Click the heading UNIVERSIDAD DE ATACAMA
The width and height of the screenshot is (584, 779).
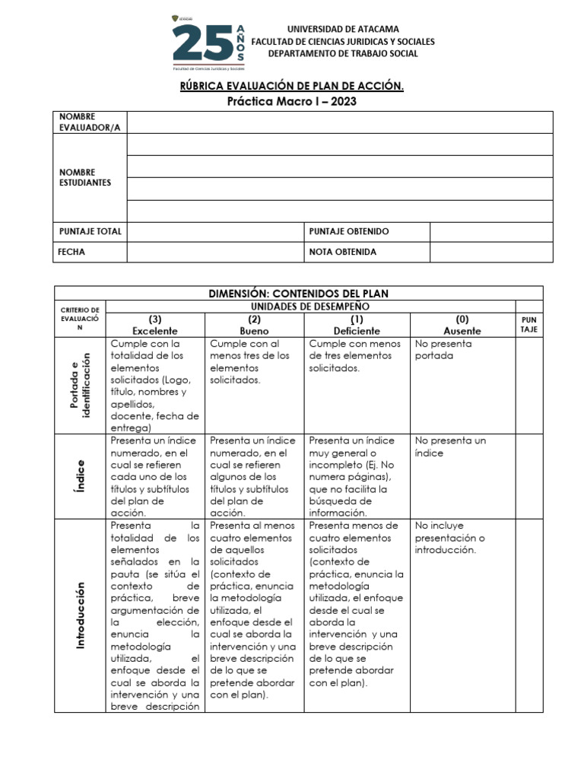coord(342,29)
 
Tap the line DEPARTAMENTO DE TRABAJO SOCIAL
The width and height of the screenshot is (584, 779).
coord(342,53)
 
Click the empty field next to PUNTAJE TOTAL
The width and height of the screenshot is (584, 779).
coord(215,231)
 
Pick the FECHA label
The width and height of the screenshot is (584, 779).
coord(72,252)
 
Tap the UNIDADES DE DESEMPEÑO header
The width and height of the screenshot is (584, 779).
coord(325,306)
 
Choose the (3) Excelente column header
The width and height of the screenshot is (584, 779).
coord(155,325)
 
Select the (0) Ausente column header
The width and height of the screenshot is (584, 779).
coord(462,325)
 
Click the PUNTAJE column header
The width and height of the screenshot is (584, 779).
coord(528,326)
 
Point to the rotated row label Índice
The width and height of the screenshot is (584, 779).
coord(80,475)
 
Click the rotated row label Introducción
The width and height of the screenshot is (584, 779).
coord(80,615)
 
